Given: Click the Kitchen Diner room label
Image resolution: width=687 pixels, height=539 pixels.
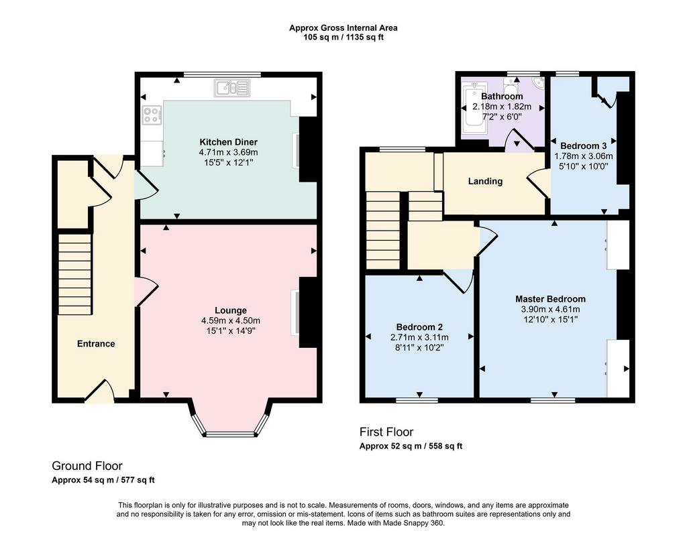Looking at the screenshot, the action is click(228, 142).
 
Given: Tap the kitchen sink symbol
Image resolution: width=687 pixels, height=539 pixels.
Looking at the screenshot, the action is click(231, 88).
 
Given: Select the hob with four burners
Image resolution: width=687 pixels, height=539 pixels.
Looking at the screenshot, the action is click(151, 115).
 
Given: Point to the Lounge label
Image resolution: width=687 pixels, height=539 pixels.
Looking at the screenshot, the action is click(231, 310).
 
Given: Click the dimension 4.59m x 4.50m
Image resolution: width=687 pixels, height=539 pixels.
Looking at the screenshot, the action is click(231, 320).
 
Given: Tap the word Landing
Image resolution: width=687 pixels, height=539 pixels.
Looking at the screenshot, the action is click(485, 181).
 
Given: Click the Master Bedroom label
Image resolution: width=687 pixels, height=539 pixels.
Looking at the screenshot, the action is click(550, 299).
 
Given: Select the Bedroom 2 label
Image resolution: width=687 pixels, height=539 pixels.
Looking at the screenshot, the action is click(419, 327).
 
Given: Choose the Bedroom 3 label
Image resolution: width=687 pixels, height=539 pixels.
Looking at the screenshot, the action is click(583, 145).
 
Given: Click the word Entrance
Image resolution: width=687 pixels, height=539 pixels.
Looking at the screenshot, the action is click(96, 344).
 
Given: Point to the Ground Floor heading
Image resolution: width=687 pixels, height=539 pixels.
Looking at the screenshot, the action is click(87, 465).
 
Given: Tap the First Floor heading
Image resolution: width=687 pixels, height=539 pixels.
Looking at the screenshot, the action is click(386, 432).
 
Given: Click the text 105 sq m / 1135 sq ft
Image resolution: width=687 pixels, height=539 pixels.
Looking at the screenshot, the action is click(343, 38).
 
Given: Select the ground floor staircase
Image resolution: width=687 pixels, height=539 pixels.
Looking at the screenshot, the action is click(75, 274).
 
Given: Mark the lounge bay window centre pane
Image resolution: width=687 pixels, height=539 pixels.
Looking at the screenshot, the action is click(230, 434).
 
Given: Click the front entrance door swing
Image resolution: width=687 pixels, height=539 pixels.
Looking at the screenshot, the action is click(99, 391).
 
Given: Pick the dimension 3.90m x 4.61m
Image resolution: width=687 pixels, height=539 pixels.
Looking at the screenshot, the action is click(550, 310).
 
